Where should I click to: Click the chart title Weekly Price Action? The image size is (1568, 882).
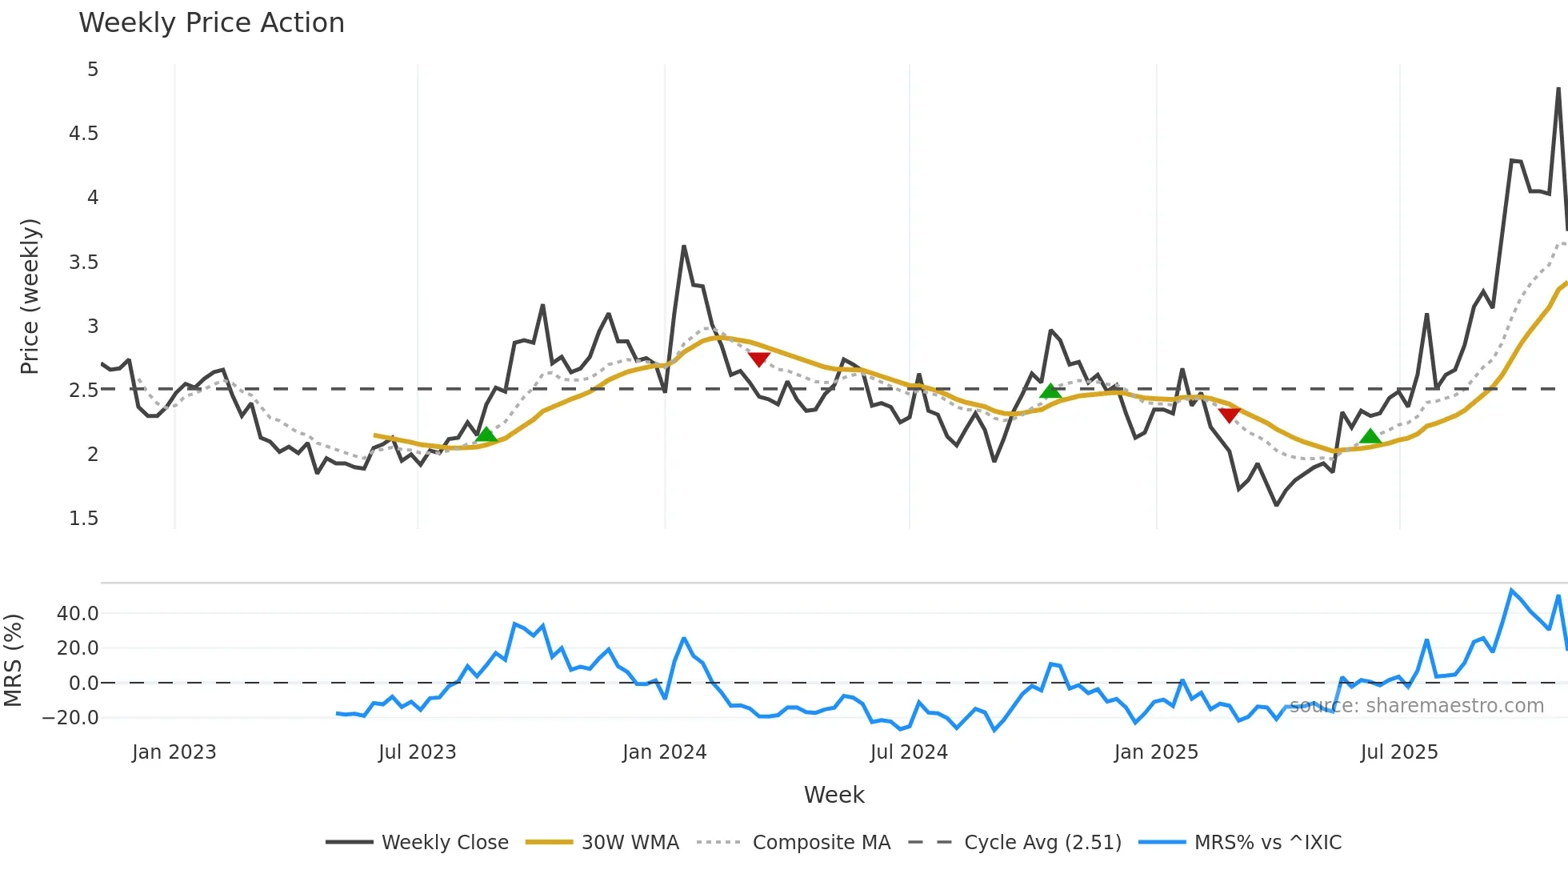[211, 23]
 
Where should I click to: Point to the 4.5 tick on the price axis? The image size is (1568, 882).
[84, 134]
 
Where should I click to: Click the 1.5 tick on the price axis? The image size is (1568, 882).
[84, 519]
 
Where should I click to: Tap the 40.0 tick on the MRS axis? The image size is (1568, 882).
[78, 614]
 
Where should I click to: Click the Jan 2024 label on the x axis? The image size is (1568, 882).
[664, 752]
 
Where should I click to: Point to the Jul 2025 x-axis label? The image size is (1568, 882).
[1399, 752]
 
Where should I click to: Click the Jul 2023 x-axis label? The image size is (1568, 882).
[417, 752]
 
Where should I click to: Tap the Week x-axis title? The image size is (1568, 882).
[834, 795]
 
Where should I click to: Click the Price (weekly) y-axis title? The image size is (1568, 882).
[30, 296]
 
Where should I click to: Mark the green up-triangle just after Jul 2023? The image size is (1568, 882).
[486, 435]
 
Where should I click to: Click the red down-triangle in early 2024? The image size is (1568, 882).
[758, 359]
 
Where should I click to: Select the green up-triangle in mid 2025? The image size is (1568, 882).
[1370, 436]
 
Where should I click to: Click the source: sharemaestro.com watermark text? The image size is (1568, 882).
[1416, 706]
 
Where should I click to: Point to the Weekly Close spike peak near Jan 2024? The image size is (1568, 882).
[684, 247]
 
